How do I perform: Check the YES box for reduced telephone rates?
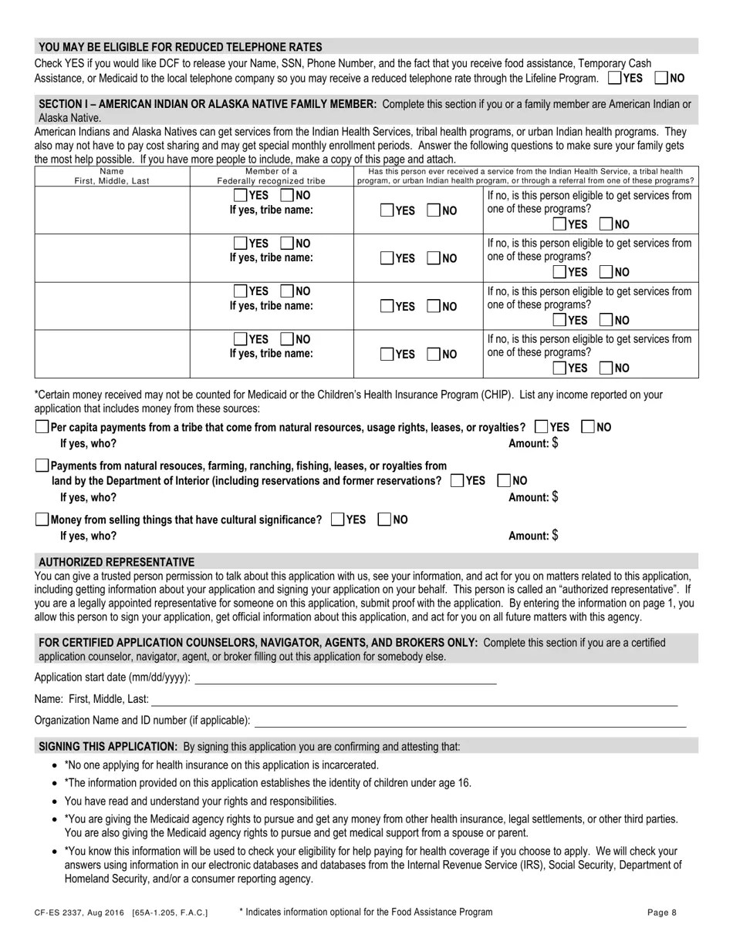[615, 78]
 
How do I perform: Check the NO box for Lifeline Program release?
[661, 78]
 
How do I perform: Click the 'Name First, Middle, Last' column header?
[112, 176]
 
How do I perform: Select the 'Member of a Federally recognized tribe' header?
[271, 176]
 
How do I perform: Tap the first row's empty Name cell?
[112, 210]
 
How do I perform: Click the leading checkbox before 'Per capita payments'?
[42, 427]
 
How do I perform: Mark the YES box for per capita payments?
[542, 426]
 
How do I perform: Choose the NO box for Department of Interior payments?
[505, 480]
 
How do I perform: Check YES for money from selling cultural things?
[337, 519]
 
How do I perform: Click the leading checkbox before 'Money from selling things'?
[42, 519]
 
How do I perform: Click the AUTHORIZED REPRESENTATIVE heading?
[117, 562]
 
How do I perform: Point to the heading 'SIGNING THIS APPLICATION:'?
[108, 746]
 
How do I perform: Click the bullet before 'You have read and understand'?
[53, 802]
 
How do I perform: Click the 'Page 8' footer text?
[662, 913]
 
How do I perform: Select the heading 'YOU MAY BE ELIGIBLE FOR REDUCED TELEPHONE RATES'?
[181, 47]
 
